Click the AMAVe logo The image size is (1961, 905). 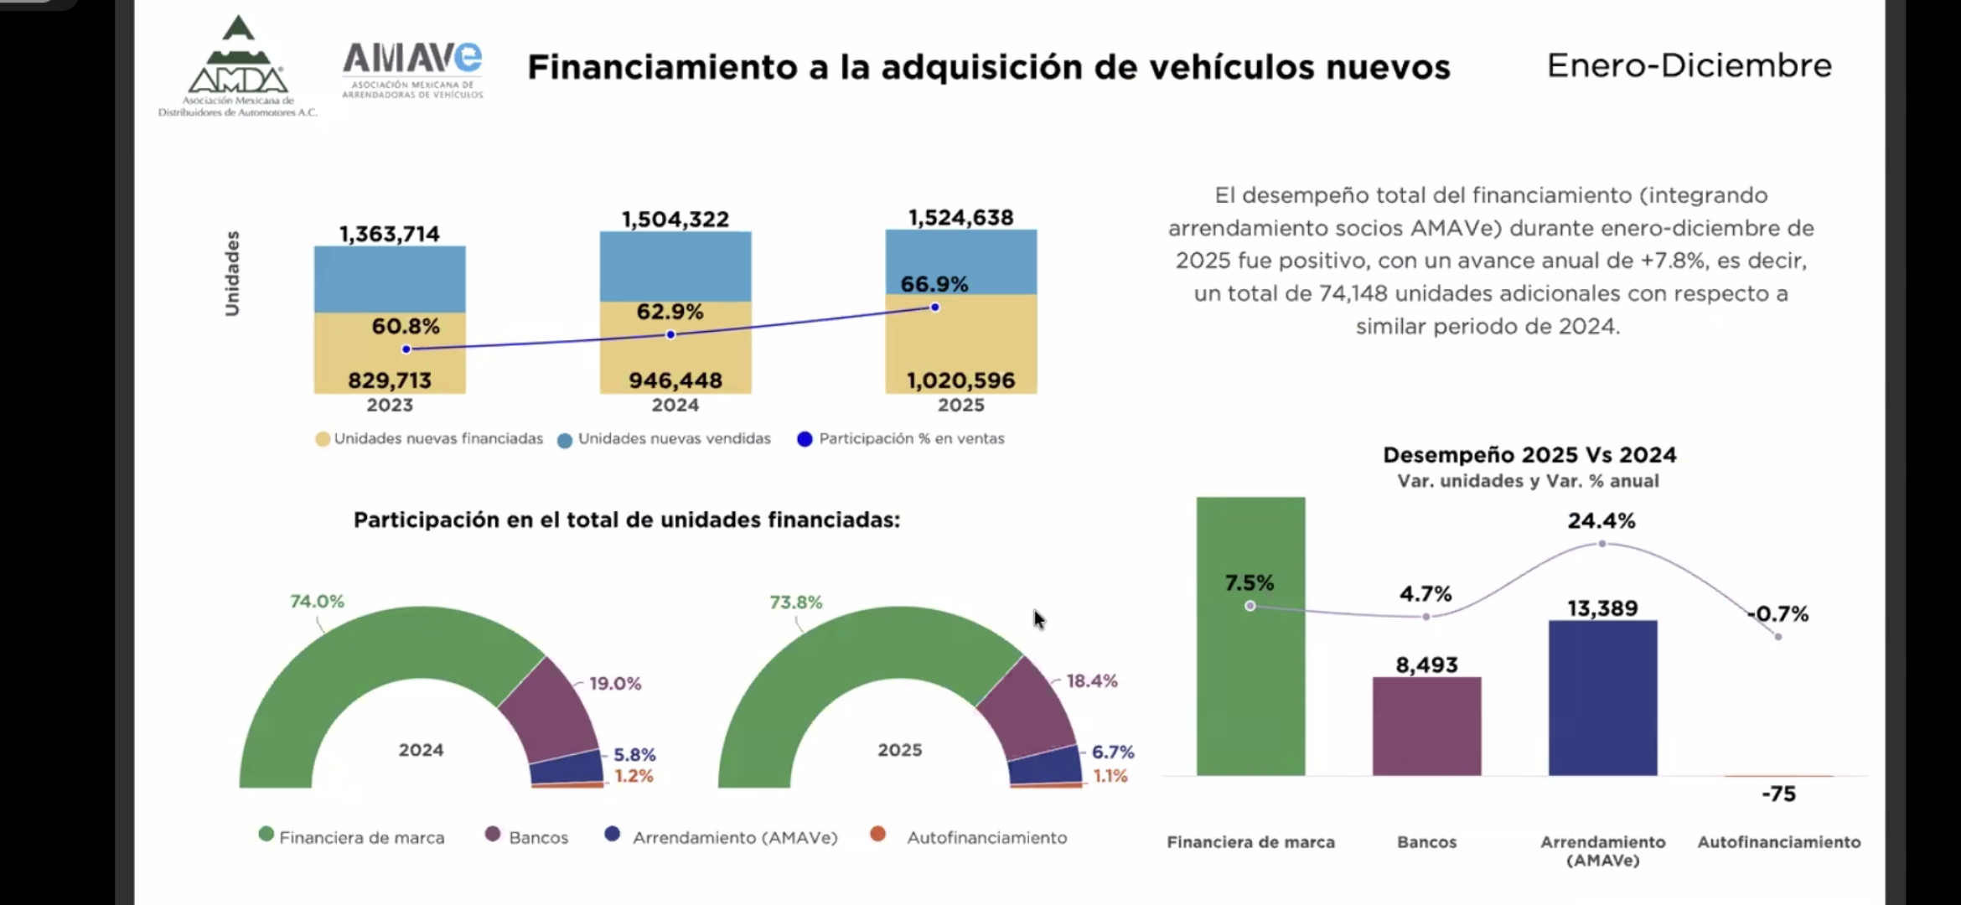click(x=412, y=70)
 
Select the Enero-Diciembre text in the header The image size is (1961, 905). click(x=1689, y=65)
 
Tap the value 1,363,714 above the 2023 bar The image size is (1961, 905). click(x=389, y=234)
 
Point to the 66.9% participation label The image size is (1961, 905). click(x=934, y=284)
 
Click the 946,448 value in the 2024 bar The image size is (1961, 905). click(x=675, y=380)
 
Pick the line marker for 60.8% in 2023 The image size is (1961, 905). click(x=406, y=349)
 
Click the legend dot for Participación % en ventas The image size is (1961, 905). click(x=805, y=439)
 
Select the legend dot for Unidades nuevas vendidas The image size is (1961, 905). click(x=565, y=440)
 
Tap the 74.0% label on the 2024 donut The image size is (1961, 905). click(x=317, y=602)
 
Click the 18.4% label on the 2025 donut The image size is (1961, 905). click(x=1091, y=681)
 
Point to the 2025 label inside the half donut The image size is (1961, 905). click(x=899, y=750)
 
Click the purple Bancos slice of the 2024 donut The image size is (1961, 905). click(x=550, y=708)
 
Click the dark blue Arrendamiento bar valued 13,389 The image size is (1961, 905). click(x=1602, y=697)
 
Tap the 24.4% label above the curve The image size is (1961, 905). click(x=1601, y=521)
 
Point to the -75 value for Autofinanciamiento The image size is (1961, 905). click(x=1778, y=794)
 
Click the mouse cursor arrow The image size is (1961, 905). click(x=1038, y=619)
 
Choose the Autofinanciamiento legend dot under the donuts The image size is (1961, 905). click(x=877, y=835)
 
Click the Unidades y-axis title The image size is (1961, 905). click(x=232, y=273)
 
